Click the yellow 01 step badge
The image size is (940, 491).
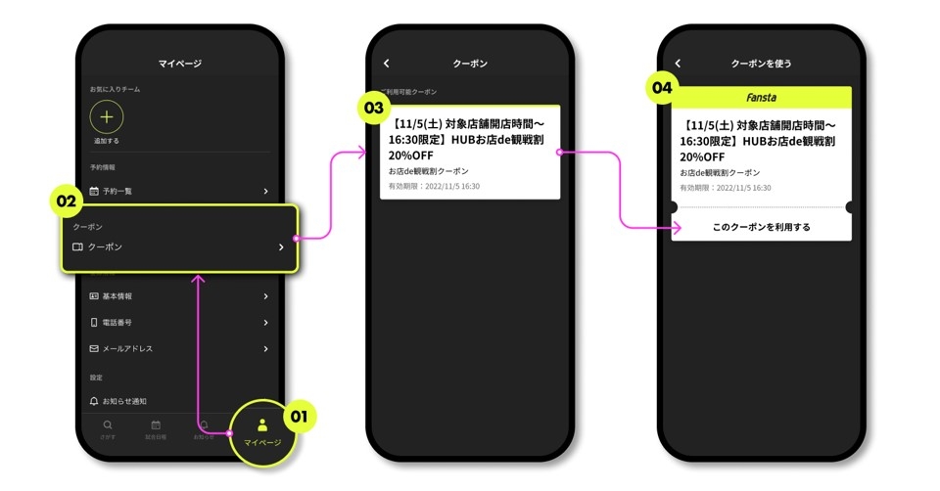(300, 417)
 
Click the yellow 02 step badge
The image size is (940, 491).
(66, 202)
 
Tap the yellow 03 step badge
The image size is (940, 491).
(373, 108)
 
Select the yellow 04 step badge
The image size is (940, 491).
(663, 87)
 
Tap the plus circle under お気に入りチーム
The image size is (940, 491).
(107, 116)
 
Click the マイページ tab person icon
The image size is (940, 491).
(262, 424)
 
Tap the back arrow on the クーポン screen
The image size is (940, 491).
(387, 64)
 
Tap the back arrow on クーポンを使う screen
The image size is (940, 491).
(678, 64)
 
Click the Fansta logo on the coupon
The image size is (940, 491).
(761, 98)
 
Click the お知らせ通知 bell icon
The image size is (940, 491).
(94, 401)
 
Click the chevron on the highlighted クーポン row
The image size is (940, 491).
(280, 247)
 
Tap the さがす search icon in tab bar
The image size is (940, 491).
(107, 424)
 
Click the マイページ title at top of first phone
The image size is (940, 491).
(180, 64)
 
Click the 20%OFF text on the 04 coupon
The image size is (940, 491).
(702, 156)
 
